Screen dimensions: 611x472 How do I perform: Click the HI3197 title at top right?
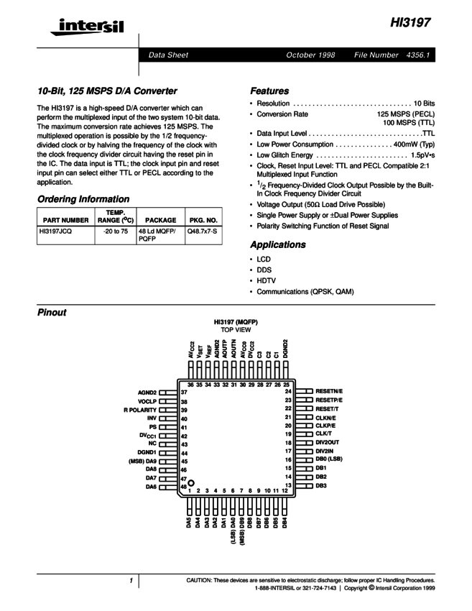click(x=411, y=23)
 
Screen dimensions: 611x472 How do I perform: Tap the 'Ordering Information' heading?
click(x=83, y=198)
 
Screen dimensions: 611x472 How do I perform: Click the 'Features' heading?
click(x=269, y=91)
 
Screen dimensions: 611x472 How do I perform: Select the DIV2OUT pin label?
click(x=329, y=444)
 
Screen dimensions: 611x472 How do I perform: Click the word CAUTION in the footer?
click(x=201, y=579)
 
